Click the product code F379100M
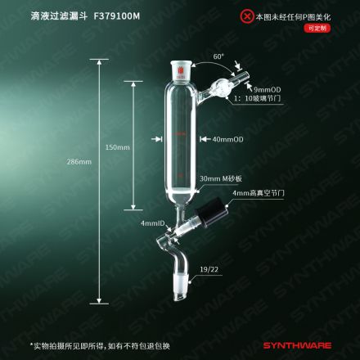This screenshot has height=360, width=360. [x=117, y=16]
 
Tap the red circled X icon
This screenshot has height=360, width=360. [x=247, y=16]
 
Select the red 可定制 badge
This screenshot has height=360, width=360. [x=317, y=28]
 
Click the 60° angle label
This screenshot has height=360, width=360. [x=218, y=56]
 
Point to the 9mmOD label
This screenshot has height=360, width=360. [x=268, y=89]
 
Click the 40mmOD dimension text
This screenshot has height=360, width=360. [x=228, y=139]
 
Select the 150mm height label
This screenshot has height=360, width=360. [x=118, y=147]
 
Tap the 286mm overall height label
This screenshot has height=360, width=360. [x=79, y=162]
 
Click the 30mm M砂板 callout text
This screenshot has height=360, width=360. [x=221, y=178]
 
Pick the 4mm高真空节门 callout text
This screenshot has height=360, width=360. [x=259, y=193]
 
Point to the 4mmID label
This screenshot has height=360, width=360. [x=153, y=223]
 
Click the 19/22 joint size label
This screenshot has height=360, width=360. [x=209, y=269]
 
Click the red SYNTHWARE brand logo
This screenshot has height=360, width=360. [x=297, y=345]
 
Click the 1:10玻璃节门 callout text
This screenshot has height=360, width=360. [x=258, y=98]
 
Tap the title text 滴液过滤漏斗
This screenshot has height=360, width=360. [x=59, y=16]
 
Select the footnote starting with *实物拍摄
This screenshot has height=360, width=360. [x=100, y=346]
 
